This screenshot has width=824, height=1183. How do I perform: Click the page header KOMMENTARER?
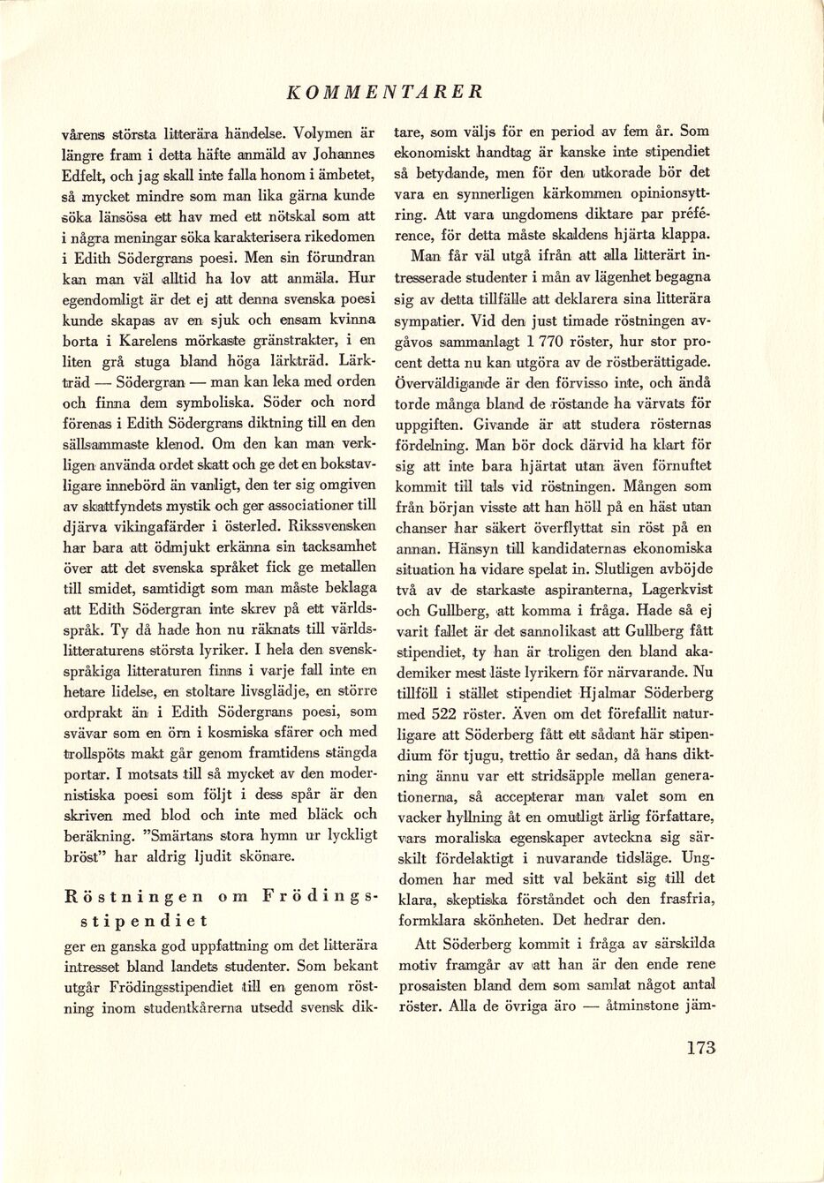[385, 91]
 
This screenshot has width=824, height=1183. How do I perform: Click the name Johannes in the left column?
[346, 155]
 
